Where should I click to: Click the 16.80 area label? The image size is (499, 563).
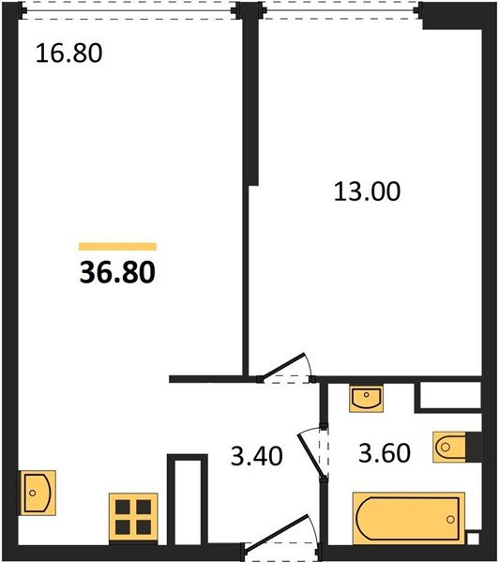click(68, 53)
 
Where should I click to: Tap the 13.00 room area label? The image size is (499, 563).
click(367, 191)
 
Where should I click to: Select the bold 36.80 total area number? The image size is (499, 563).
click(117, 272)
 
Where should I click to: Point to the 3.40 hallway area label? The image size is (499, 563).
click(256, 456)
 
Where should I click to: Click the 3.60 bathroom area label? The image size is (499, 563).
click(385, 453)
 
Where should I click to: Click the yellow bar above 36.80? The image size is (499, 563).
click(118, 246)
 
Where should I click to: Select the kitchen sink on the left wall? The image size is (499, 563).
click(38, 493)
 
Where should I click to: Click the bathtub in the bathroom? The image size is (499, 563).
click(409, 519)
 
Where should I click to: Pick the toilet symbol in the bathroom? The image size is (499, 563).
click(450, 447)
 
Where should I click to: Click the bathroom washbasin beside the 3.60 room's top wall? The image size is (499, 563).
click(366, 399)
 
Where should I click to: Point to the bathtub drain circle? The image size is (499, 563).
click(450, 519)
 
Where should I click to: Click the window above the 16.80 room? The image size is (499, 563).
click(129, 10)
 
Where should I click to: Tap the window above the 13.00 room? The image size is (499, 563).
click(340, 10)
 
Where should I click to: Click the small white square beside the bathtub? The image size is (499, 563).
click(473, 538)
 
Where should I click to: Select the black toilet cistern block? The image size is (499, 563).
click(474, 447)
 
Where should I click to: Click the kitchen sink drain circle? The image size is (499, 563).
click(33, 493)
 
